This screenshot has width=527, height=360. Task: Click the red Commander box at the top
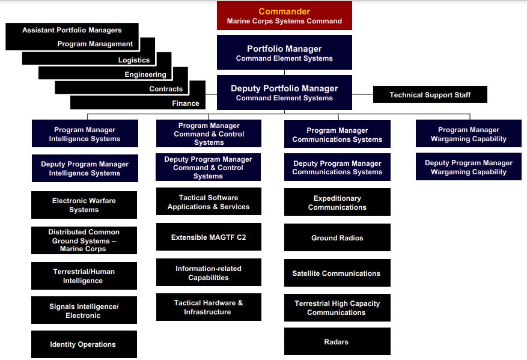pyautogui.click(x=284, y=16)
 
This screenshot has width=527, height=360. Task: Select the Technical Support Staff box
pyautogui.click(x=430, y=95)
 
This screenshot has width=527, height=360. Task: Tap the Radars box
pyautogui.click(x=337, y=342)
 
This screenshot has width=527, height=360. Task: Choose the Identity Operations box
pyautogui.click(x=84, y=344)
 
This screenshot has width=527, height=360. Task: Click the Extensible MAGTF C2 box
pyautogui.click(x=209, y=237)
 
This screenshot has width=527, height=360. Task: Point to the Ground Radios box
pyautogui.click(x=337, y=238)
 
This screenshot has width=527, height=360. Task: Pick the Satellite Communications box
pyautogui.click(x=337, y=273)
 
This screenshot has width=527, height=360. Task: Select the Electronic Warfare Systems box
pyautogui.click(x=84, y=205)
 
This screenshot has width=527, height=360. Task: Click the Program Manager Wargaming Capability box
pyautogui.click(x=469, y=134)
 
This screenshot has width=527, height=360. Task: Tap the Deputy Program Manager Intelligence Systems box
pyautogui.click(x=85, y=168)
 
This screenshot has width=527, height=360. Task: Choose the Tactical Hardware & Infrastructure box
pyautogui.click(x=209, y=307)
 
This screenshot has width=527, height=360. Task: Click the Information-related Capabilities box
pyautogui.click(x=209, y=273)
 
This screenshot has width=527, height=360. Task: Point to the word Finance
pyautogui.click(x=186, y=103)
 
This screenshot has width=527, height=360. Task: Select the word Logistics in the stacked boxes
pyautogui.click(x=134, y=60)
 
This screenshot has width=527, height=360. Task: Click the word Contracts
pyautogui.click(x=166, y=89)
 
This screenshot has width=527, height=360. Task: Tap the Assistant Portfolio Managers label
pyautogui.click(x=72, y=30)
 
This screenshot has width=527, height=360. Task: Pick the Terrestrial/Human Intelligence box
pyautogui.click(x=84, y=276)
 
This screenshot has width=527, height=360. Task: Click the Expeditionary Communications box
pyautogui.click(x=337, y=203)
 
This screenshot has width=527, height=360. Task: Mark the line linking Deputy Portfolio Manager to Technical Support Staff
pyautogui.click(x=362, y=94)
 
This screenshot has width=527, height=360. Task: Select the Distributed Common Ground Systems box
pyautogui.click(x=84, y=240)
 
